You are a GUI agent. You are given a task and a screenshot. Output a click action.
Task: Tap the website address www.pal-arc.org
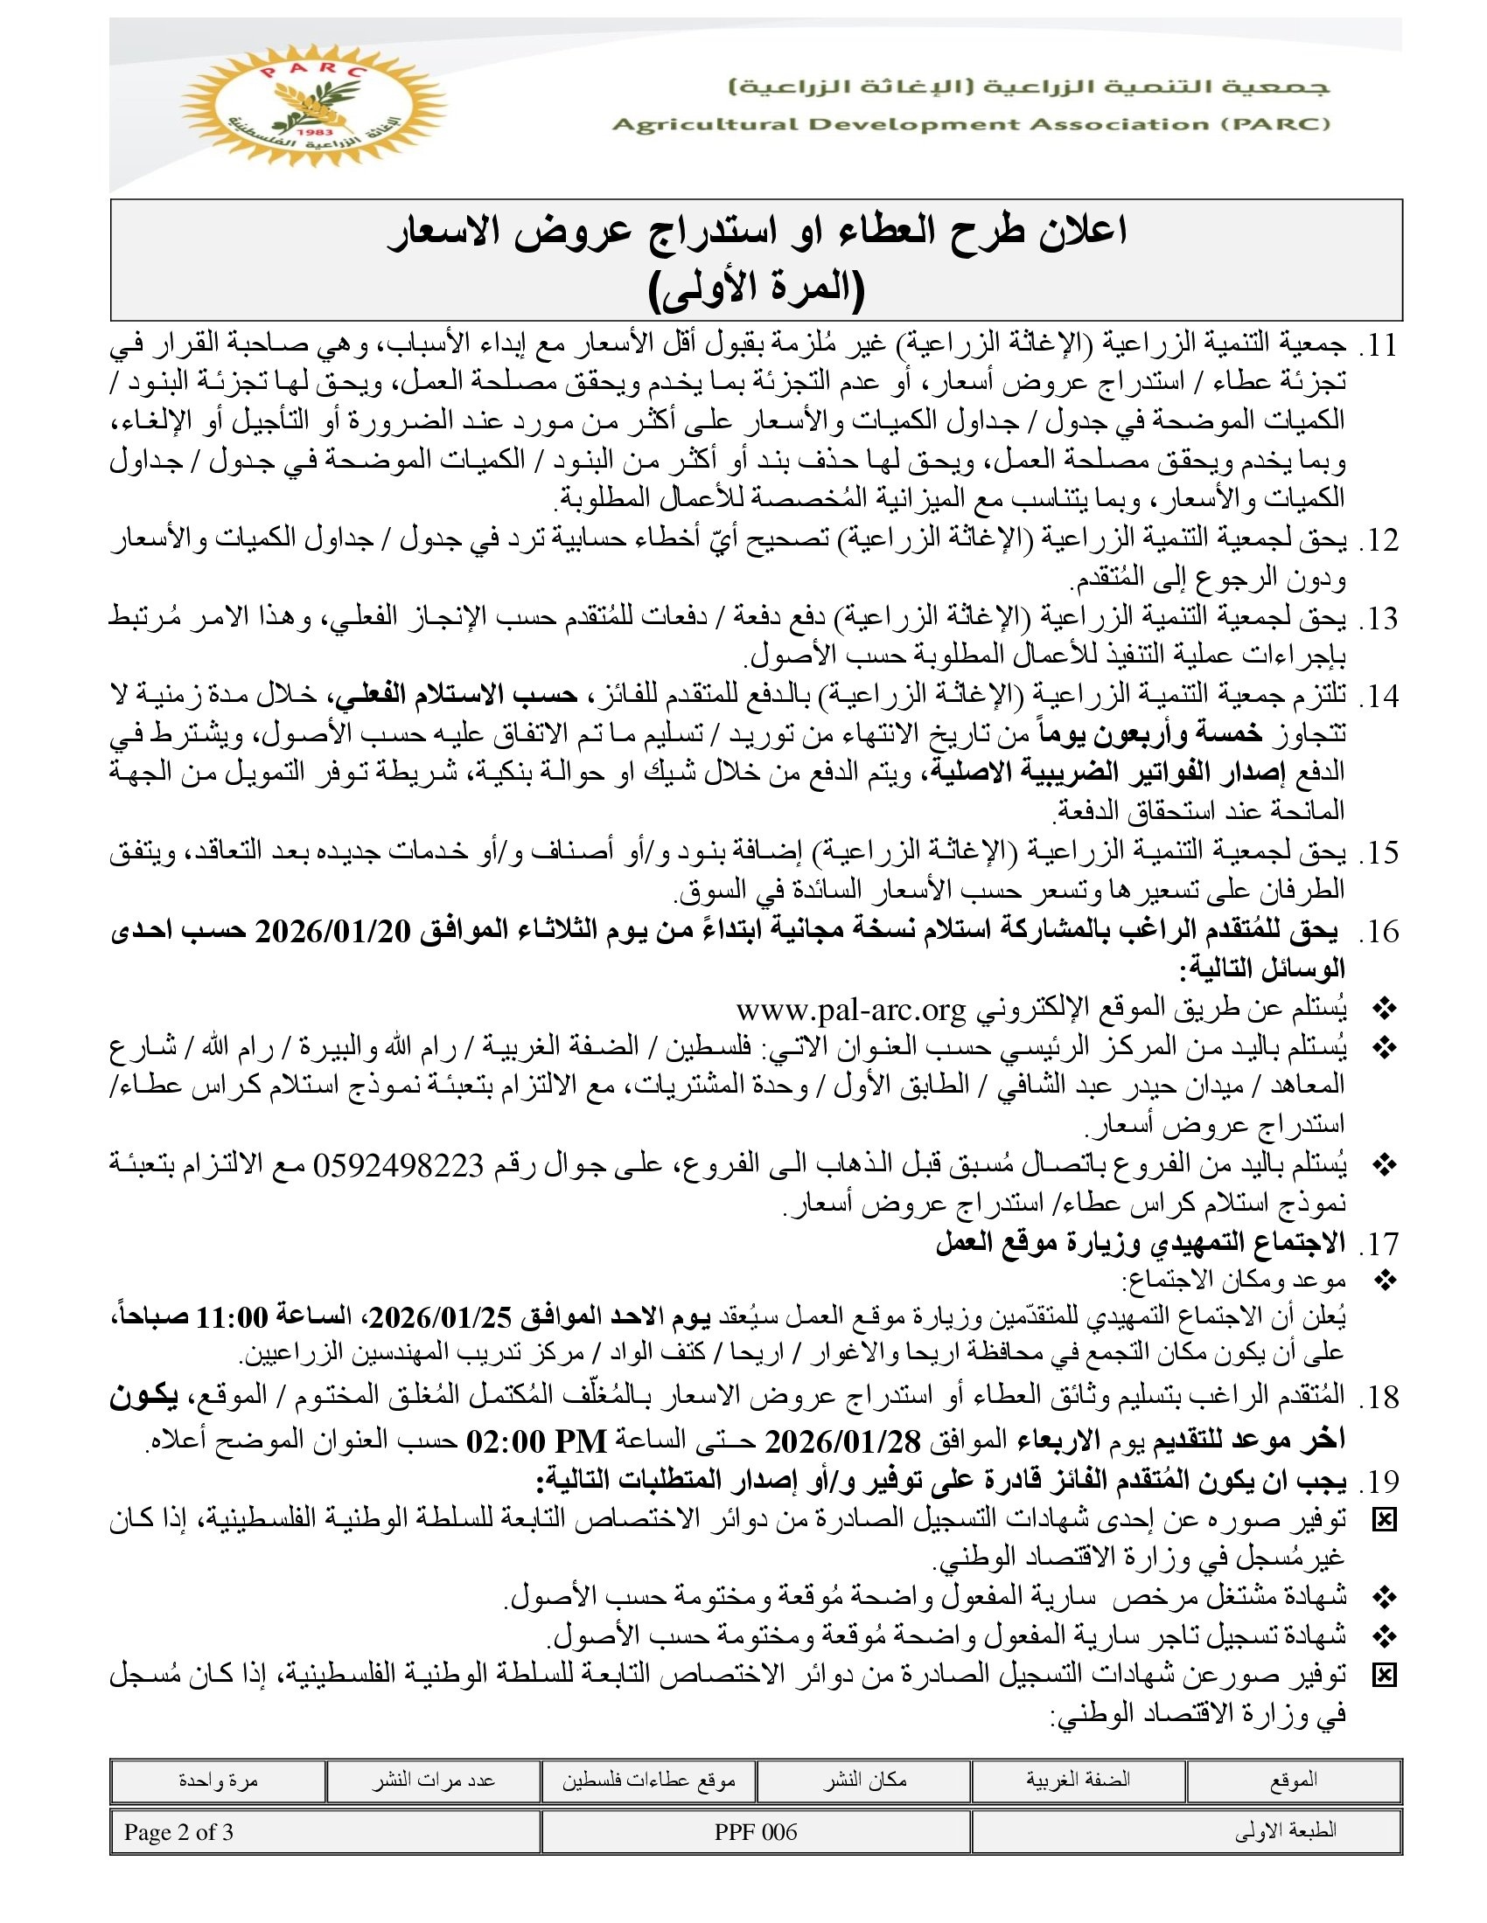pos(851,1009)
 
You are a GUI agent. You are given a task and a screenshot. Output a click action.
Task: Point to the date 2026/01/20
pos(333,933)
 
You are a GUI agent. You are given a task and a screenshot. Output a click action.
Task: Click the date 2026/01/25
pos(441,1318)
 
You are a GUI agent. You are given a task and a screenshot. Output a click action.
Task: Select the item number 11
pos(1379,345)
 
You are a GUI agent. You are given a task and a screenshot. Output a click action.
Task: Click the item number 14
pos(1379,697)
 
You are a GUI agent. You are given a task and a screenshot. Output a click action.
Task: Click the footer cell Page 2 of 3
pos(178,1832)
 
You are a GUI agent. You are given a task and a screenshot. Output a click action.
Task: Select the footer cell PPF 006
pos(756,1832)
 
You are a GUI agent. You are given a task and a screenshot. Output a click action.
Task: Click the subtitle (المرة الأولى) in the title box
pos(756,289)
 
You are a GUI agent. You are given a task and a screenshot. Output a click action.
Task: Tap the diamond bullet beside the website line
pos(1385,1009)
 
